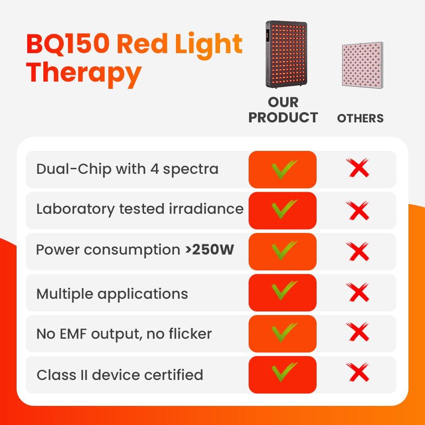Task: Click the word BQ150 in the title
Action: point(67,44)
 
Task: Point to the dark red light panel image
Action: point(286,54)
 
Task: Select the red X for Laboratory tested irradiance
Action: point(358,210)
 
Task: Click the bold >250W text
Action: point(210,249)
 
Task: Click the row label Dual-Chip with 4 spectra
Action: point(127,169)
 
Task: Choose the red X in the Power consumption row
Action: point(358,251)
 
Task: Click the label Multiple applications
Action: point(112,294)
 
